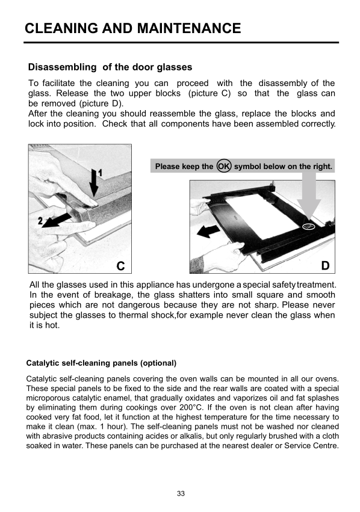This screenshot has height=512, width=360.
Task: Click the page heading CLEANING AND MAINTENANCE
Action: pyautogui.click(x=132, y=28)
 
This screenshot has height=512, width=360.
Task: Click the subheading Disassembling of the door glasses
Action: pyautogui.click(x=110, y=67)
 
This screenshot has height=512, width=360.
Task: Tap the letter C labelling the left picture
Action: pyautogui.click(x=120, y=266)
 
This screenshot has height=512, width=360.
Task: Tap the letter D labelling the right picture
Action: pyautogui.click(x=325, y=266)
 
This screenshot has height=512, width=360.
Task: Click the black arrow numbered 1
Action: pyautogui.click(x=95, y=183)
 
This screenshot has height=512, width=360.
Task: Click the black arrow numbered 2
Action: pyautogui.click(x=57, y=220)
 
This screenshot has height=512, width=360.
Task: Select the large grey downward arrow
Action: pyautogui.click(x=309, y=197)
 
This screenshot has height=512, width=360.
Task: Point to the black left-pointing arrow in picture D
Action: pyautogui.click(x=208, y=232)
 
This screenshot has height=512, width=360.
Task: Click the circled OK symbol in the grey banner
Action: pyautogui.click(x=224, y=166)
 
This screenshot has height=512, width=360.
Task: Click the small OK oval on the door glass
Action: pyautogui.click(x=309, y=226)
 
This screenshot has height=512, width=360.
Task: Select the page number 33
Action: pyautogui.click(x=181, y=493)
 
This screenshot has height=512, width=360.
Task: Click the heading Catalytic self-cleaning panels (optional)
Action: pyautogui.click(x=101, y=363)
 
